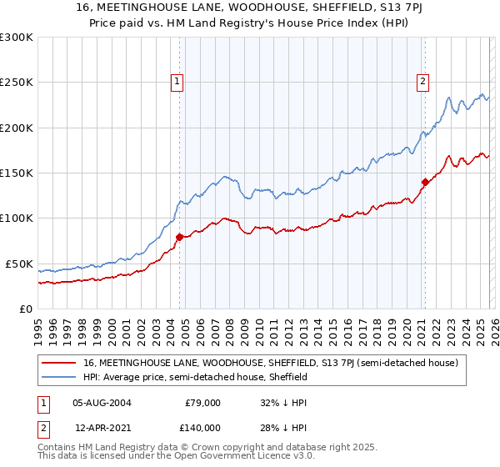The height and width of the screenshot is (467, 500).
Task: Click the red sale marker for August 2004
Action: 179,237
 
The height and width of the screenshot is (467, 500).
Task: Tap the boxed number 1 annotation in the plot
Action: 178,81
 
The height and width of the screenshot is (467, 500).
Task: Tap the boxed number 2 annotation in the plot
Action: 423,81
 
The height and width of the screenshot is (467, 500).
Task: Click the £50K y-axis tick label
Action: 19,264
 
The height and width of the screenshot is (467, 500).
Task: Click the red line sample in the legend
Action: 60,363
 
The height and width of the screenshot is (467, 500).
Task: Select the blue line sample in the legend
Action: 60,377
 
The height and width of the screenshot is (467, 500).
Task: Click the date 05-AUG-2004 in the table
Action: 102,402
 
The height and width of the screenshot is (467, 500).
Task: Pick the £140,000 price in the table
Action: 202,427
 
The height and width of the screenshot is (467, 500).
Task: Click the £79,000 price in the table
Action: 202,402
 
